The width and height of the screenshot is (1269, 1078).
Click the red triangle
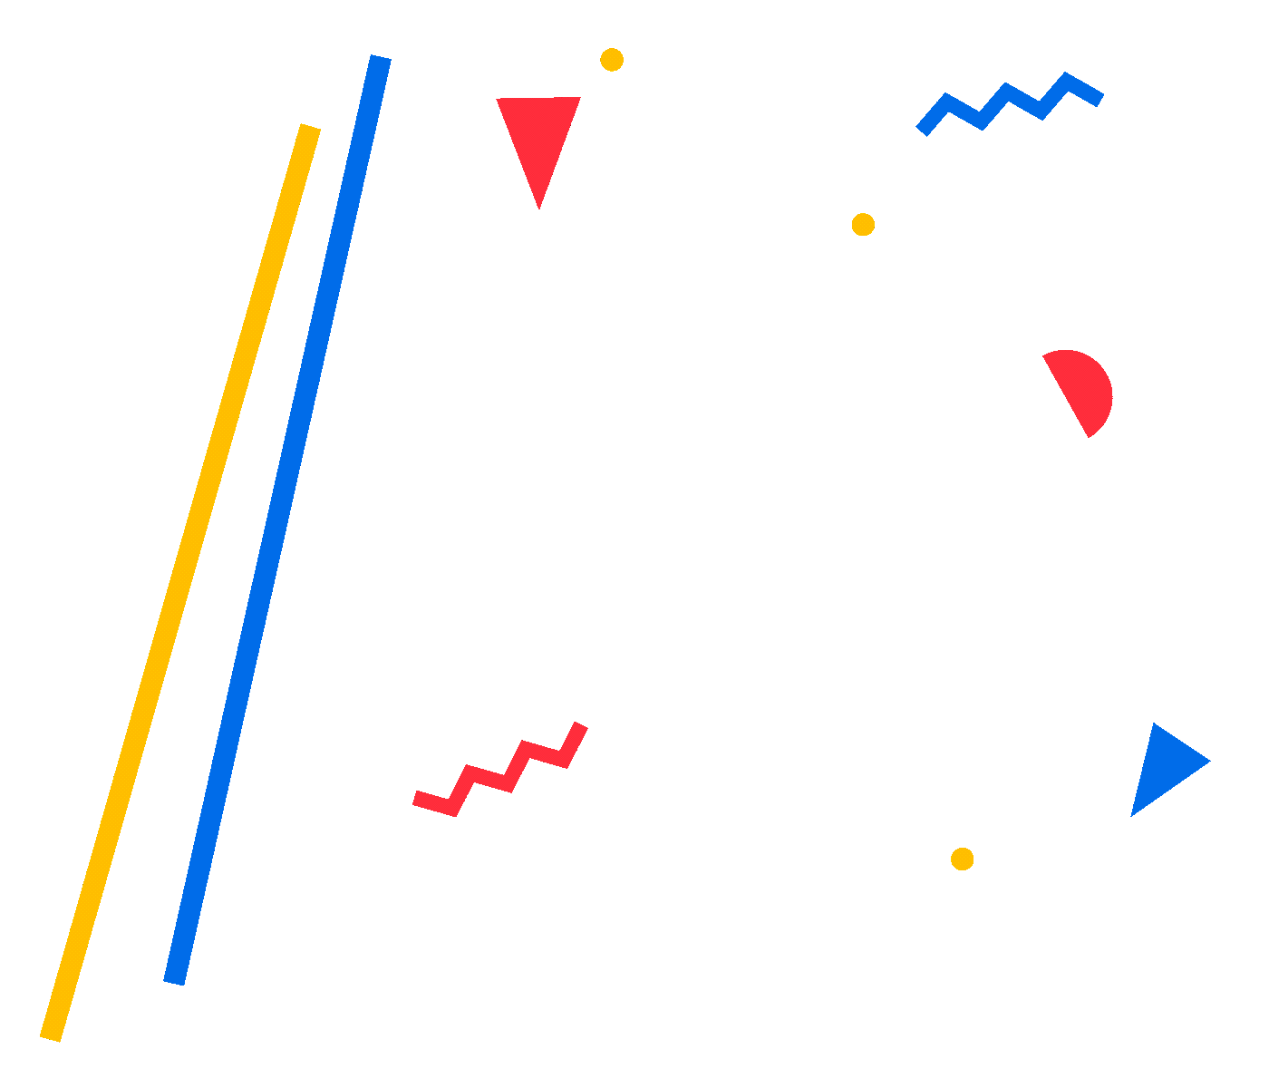pyautogui.click(x=539, y=131)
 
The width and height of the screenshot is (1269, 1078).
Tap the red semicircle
pyautogui.click(x=1083, y=388)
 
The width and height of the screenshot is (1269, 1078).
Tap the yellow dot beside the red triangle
pyautogui.click(x=612, y=60)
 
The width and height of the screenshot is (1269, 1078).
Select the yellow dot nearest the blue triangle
pyautogui.click(x=962, y=859)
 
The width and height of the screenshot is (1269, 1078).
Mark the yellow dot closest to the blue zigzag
pyautogui.click(x=863, y=224)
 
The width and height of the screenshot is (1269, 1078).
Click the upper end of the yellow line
pyautogui.click(x=310, y=128)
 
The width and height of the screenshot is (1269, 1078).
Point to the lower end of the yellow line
pyautogui.click(x=51, y=1036)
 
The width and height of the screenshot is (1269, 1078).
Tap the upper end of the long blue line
pyautogui.click(x=380, y=59)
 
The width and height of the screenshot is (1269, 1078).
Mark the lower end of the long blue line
pyautogui.click(x=174, y=981)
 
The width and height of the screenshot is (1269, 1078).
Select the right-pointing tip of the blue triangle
pyautogui.click(x=1208, y=762)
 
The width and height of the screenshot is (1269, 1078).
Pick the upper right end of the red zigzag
pyautogui.click(x=581, y=726)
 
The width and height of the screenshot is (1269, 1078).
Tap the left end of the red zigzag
pyautogui.click(x=417, y=798)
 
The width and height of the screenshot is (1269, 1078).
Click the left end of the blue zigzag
pyautogui.click(x=922, y=131)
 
